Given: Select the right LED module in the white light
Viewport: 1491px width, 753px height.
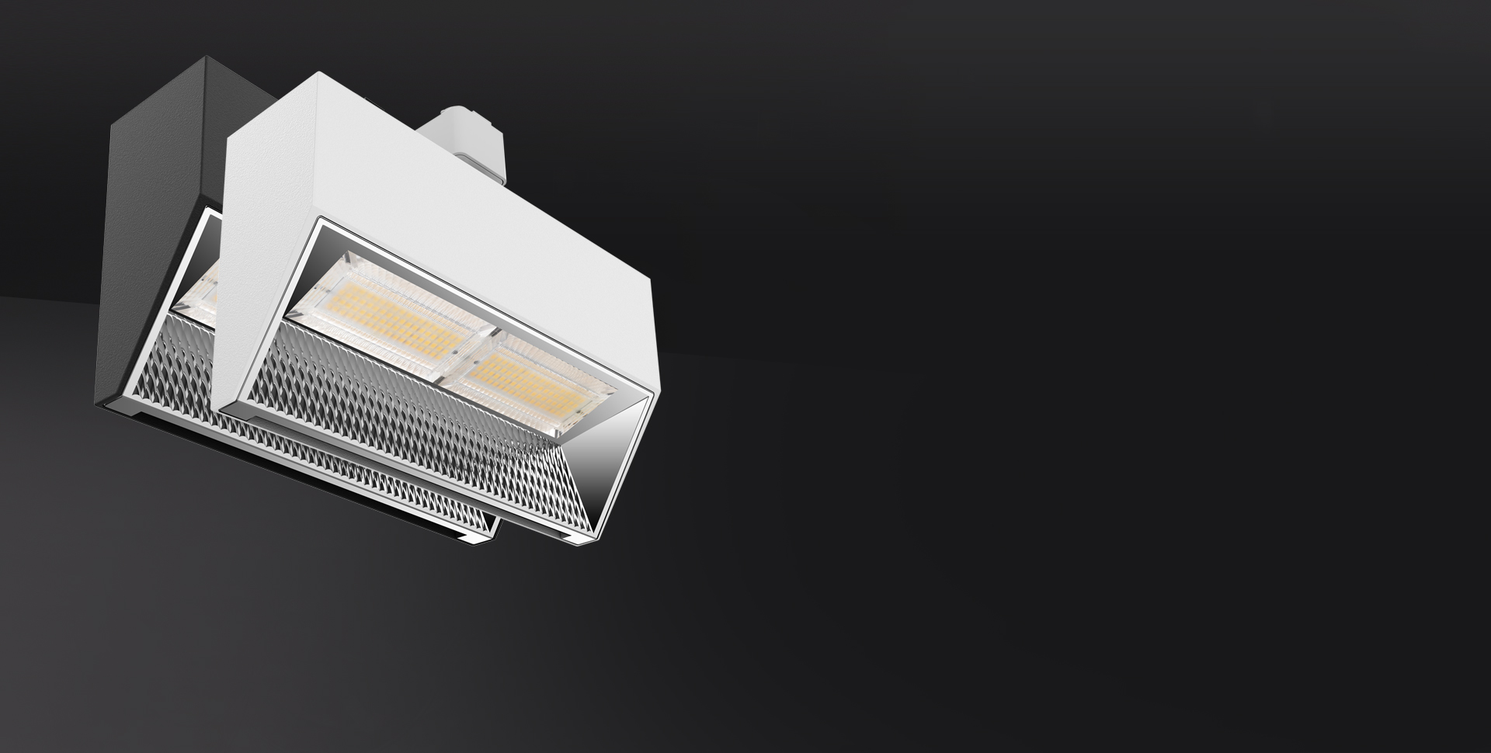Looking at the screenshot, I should pos(528,380).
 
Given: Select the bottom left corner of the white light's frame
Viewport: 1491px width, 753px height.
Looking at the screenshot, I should pos(225,407).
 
